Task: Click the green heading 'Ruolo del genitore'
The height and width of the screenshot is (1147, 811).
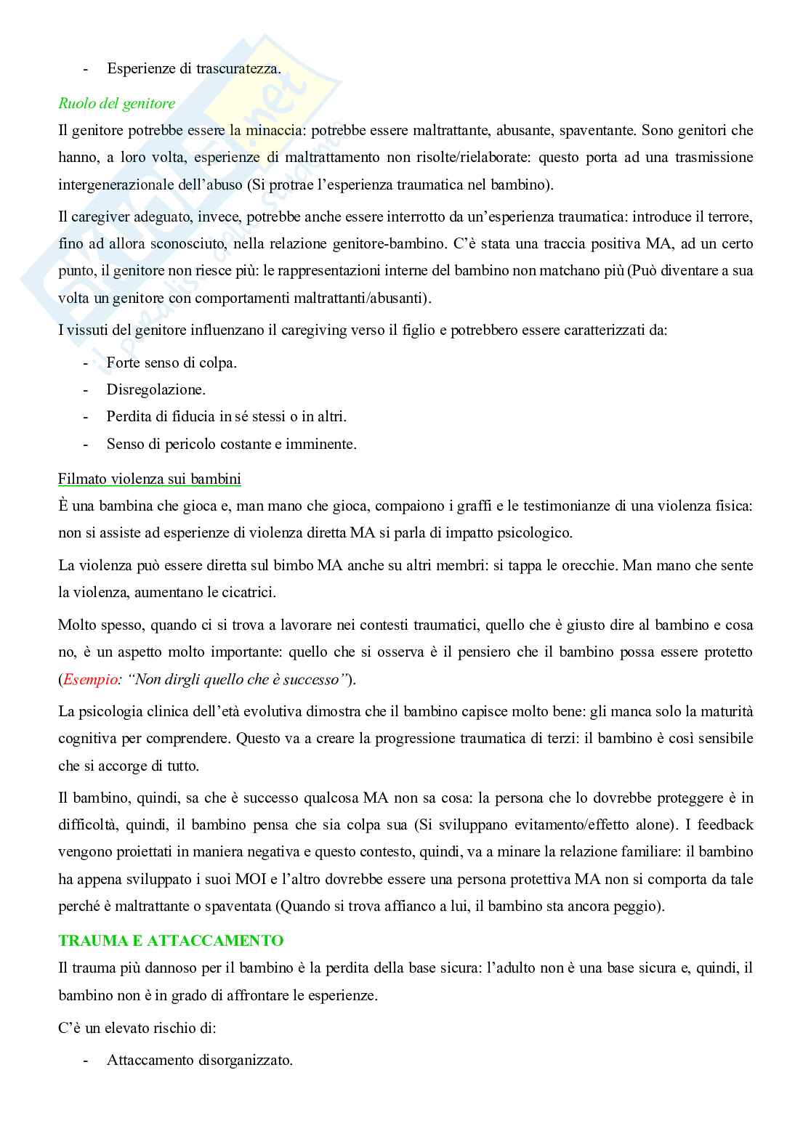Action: click(x=116, y=103)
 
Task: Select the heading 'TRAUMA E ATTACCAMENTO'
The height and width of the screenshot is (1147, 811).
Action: click(x=171, y=941)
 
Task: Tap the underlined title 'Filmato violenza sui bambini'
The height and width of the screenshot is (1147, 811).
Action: click(x=150, y=479)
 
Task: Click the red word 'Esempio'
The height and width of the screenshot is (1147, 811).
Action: click(x=89, y=680)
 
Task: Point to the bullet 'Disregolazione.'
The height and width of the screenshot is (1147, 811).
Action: click(x=156, y=389)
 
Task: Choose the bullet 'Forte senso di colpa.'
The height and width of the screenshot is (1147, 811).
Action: click(x=172, y=362)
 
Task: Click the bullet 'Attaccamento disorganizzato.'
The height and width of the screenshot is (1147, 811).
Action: click(x=199, y=1060)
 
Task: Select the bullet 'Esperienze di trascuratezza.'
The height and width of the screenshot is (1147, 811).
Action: click(x=193, y=69)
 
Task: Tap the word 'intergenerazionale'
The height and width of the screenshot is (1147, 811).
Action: click(x=113, y=185)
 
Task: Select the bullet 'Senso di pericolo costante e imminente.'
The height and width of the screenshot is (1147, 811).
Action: click(x=231, y=444)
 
